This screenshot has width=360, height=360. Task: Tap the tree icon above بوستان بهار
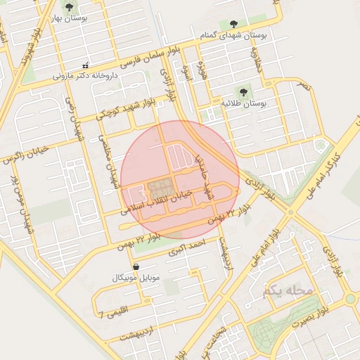(x=68, y=8)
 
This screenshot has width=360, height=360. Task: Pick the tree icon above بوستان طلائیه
(x=243, y=91)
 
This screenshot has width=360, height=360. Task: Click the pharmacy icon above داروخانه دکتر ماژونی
(x=86, y=65)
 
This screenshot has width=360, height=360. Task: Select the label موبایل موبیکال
(x=136, y=278)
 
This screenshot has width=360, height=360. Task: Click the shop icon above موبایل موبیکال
(x=135, y=266)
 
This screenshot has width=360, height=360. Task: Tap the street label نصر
(x=303, y=84)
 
